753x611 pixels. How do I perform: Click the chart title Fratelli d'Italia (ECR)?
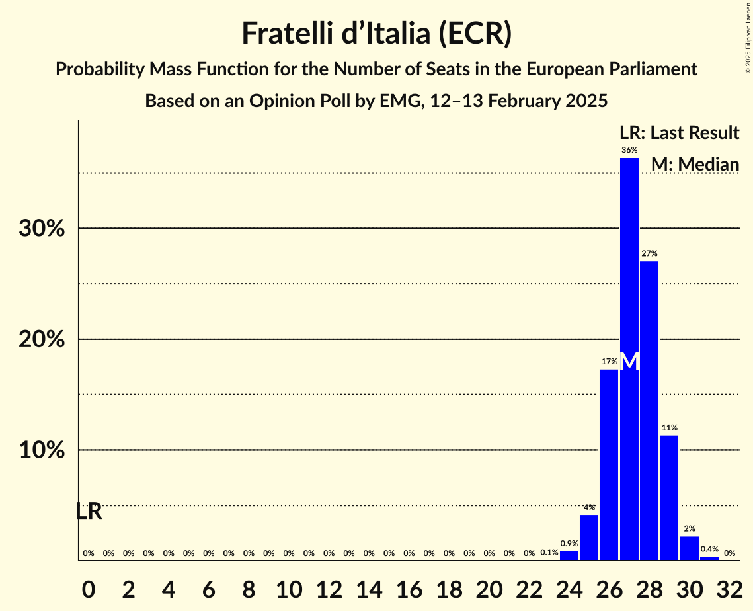click(x=376, y=33)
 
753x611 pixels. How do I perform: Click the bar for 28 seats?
click(x=649, y=410)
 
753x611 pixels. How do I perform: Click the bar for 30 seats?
click(x=689, y=548)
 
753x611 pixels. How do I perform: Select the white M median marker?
click(x=630, y=362)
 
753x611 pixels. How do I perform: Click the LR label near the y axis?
click(x=89, y=511)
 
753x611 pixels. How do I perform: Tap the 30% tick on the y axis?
click(x=45, y=229)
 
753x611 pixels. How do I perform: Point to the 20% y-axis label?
click(x=45, y=340)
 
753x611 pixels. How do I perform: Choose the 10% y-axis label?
click(x=45, y=451)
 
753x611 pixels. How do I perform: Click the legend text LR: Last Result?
click(x=679, y=133)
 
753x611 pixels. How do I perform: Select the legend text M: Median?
click(x=695, y=164)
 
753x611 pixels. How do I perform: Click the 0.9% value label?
click(x=569, y=544)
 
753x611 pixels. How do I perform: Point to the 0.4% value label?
click(x=709, y=550)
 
